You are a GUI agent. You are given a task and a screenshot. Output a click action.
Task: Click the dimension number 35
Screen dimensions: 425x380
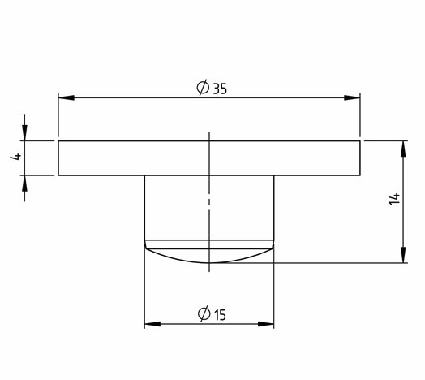point(220,89)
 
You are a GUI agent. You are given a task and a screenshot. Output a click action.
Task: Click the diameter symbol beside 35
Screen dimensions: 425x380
point(203,88)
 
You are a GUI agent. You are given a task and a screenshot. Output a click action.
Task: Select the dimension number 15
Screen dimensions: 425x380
point(220,315)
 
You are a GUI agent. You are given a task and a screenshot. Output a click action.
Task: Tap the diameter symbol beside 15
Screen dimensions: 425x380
point(204,313)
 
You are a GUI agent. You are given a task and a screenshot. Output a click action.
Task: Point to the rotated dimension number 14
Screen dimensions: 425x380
point(394,199)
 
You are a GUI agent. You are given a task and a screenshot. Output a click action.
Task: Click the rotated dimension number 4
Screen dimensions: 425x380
point(15,157)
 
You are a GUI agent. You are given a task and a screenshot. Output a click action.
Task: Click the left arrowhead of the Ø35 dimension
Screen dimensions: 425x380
point(67,97)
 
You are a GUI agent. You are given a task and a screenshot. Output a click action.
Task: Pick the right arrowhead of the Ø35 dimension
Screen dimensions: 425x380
point(352,97)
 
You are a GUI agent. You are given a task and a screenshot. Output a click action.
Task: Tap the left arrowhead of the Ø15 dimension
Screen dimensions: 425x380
point(152,324)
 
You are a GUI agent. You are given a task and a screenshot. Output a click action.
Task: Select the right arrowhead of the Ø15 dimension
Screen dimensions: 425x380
point(266,324)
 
